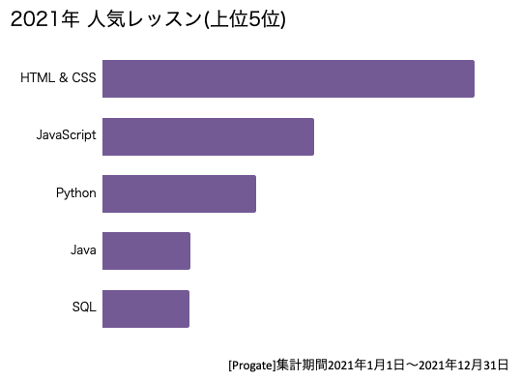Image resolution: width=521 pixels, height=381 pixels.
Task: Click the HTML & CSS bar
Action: click(x=288, y=78)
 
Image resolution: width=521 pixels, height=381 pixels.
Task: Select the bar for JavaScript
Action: click(x=208, y=136)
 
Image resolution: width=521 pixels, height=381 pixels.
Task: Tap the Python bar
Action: click(x=179, y=193)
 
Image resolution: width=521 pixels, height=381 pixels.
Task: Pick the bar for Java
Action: click(x=146, y=250)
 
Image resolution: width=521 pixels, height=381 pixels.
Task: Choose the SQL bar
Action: click(x=146, y=308)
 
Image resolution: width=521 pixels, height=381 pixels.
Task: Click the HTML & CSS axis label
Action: click(x=58, y=78)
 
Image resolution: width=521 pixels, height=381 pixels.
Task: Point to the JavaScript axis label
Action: click(x=66, y=135)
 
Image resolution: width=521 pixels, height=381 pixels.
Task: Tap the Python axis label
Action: click(x=76, y=193)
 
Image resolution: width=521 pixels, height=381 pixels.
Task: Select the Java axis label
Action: click(x=83, y=250)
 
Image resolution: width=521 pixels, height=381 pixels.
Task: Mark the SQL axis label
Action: click(x=84, y=308)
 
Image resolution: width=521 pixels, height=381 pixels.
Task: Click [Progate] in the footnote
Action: click(x=251, y=366)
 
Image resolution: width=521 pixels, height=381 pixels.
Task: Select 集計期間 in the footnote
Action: click(x=302, y=366)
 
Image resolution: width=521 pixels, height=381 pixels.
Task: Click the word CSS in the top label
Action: click(x=84, y=78)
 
